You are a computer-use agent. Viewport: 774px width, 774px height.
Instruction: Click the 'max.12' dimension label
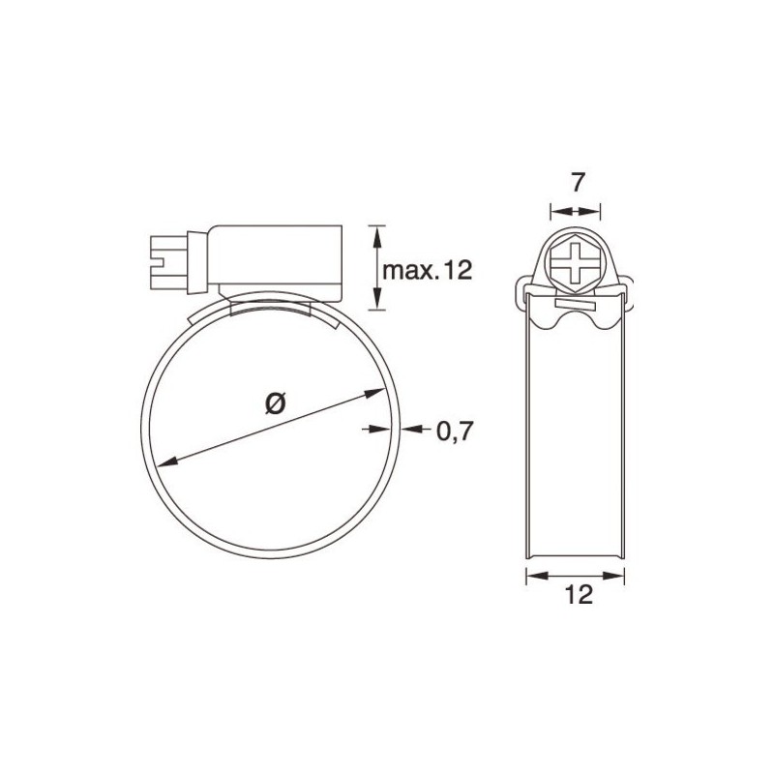point(427,271)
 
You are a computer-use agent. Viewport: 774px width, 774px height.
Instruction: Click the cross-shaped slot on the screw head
point(574,262)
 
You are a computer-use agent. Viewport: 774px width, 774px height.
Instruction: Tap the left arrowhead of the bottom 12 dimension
point(529,575)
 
